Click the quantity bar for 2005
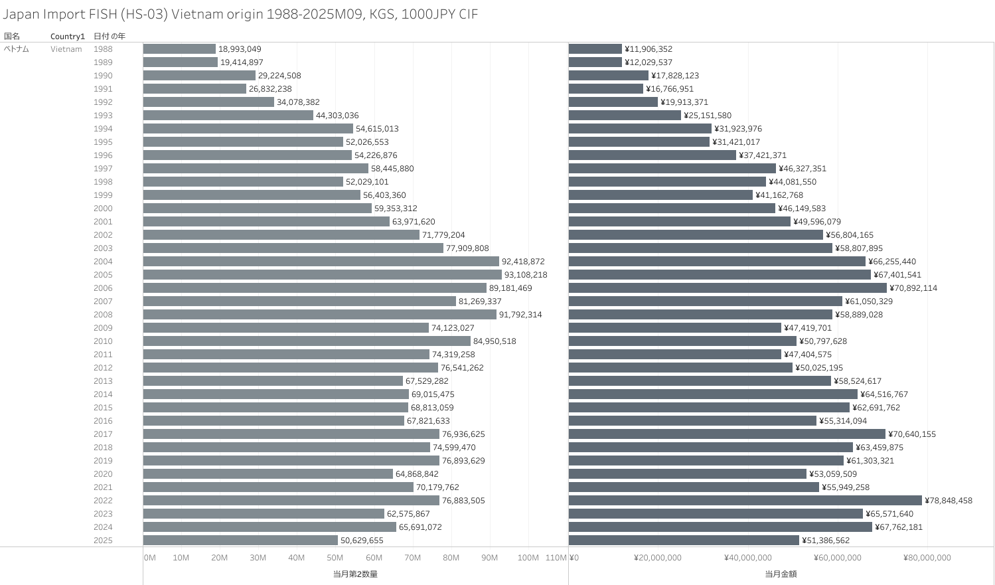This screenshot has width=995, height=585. pos(322,275)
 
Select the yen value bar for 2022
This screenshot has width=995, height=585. pos(745,501)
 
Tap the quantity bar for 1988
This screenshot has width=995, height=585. pos(179,49)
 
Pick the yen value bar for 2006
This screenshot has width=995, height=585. pos(727,288)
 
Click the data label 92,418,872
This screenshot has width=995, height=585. pos(523,262)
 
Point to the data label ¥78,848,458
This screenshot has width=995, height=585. pos(948,501)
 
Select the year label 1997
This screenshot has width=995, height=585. pos(103,169)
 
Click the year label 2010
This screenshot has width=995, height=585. pos(103,341)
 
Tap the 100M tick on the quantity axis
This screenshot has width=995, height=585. pos(528,558)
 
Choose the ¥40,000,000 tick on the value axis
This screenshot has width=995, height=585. pos(747,558)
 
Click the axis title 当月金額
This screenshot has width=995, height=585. pos(781,574)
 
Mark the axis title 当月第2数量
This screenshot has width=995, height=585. pos(355,574)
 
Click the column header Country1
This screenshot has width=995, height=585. pos(68,37)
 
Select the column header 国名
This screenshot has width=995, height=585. pos(12,37)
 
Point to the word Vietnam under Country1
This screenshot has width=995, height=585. pos(66,49)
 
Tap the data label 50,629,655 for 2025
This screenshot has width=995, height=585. pos(362,541)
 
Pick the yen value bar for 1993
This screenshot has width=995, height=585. pos(625,116)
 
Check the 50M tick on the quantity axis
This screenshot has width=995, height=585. pos(335,558)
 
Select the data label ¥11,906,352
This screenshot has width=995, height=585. pos(649,49)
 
